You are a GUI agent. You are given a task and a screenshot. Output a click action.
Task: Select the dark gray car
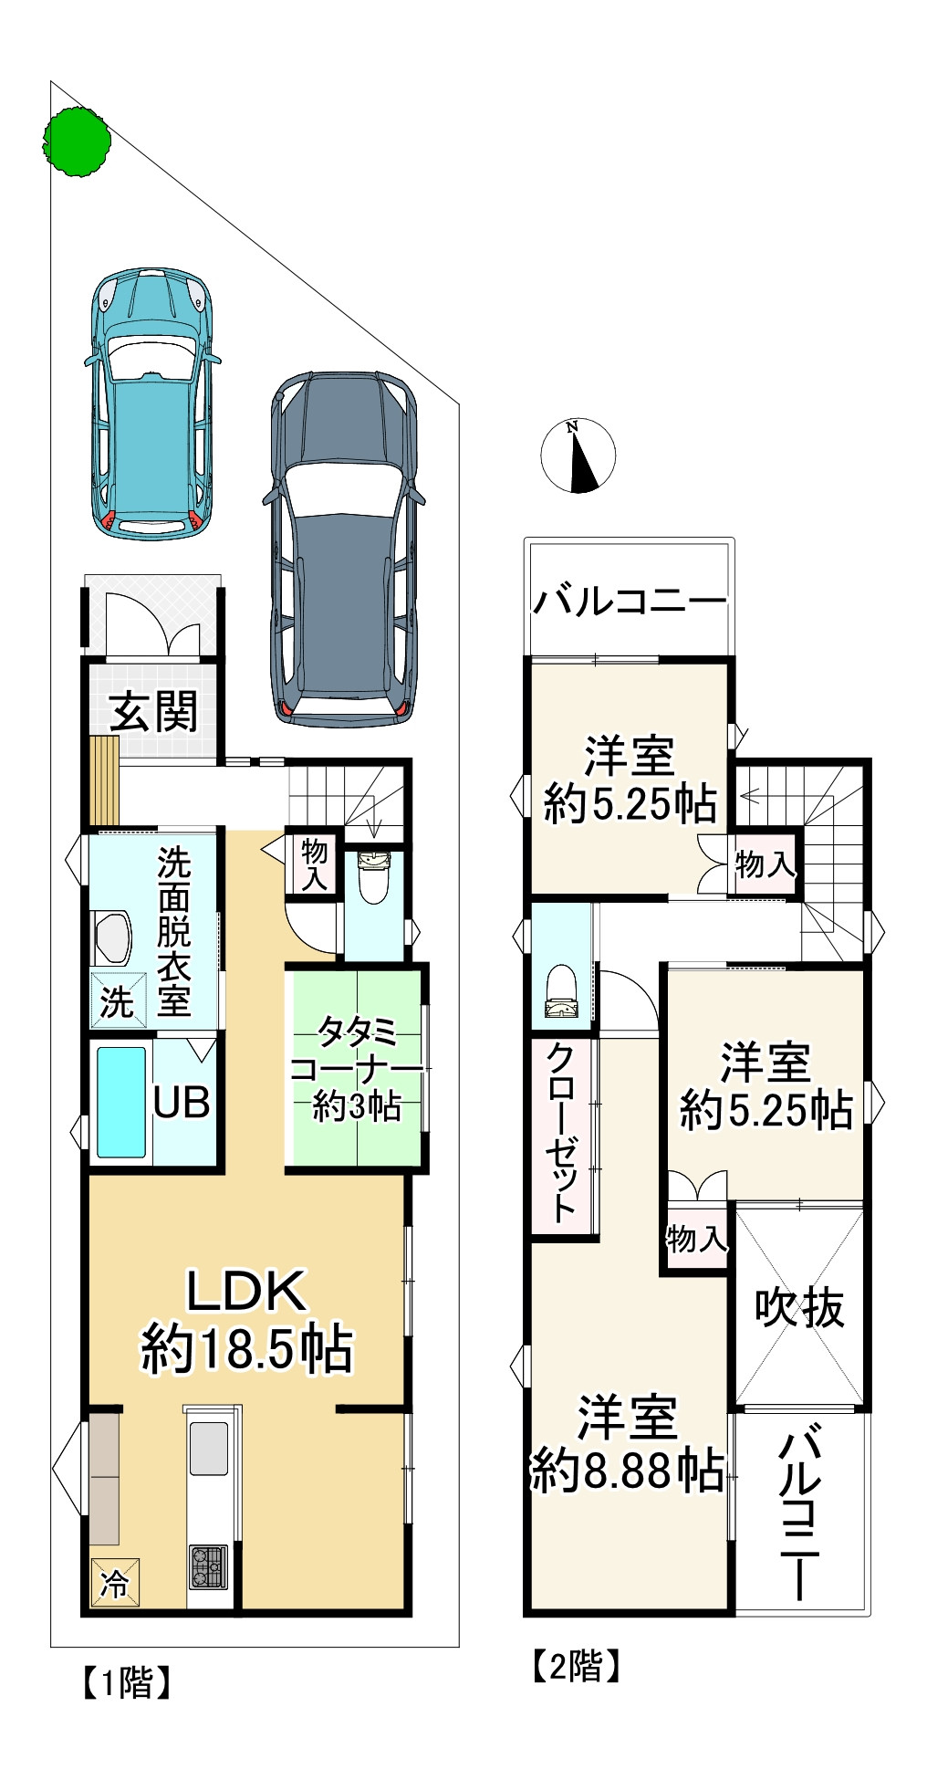tap(344, 549)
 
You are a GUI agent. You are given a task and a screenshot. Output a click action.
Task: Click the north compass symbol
tap(578, 455)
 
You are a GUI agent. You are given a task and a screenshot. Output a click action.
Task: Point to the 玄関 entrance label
tap(153, 711)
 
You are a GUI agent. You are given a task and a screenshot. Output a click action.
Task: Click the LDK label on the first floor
tap(246, 1291)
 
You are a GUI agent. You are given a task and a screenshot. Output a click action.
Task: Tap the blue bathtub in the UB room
tap(121, 1102)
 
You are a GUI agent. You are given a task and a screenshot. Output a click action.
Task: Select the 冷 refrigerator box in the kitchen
tap(115, 1582)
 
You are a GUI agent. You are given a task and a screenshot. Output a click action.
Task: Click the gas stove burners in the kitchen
tap(208, 1567)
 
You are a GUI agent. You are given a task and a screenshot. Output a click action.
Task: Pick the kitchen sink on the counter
tap(209, 1449)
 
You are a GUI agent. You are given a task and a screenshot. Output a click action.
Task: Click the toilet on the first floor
tap(374, 877)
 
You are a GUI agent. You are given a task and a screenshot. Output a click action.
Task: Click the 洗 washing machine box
tap(117, 1001)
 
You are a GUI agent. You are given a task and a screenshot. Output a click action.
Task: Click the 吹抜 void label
tap(799, 1307)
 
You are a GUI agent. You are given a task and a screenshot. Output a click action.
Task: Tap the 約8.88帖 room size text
tap(628, 1471)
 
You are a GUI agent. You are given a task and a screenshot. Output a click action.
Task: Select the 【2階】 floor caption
tap(577, 1666)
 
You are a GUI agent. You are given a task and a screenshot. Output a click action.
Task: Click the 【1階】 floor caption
tap(127, 1681)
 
